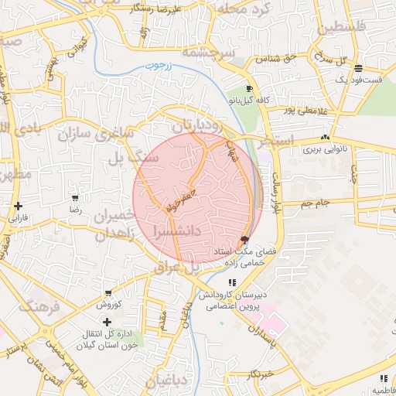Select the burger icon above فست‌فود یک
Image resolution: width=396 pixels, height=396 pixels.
coord(357,68)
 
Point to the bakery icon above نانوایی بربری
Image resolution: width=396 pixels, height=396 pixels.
coord(326,137)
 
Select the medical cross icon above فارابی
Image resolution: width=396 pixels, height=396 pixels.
coord(17,206)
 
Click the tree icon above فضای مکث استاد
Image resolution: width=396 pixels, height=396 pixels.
coord(245,240)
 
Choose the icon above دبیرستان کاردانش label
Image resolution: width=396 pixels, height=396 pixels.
coord(233,283)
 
